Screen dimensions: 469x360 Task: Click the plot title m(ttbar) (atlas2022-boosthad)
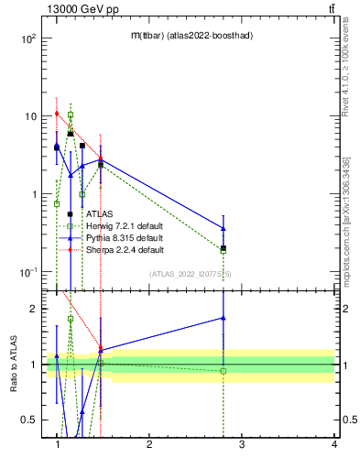coord(191,35)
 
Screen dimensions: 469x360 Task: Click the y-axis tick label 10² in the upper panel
coord(28,39)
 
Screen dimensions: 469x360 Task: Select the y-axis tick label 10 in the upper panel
coord(30,116)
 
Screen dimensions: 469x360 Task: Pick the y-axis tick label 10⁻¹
coord(28,272)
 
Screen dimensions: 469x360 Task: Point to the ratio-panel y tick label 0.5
coord(28,420)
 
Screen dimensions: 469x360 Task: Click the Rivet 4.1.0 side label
coord(345,68)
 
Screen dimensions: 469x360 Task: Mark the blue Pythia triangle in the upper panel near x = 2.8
coord(224,228)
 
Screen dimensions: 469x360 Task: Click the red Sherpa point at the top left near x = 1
coord(57,114)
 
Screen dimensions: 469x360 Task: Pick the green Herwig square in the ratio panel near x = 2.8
coord(224,371)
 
